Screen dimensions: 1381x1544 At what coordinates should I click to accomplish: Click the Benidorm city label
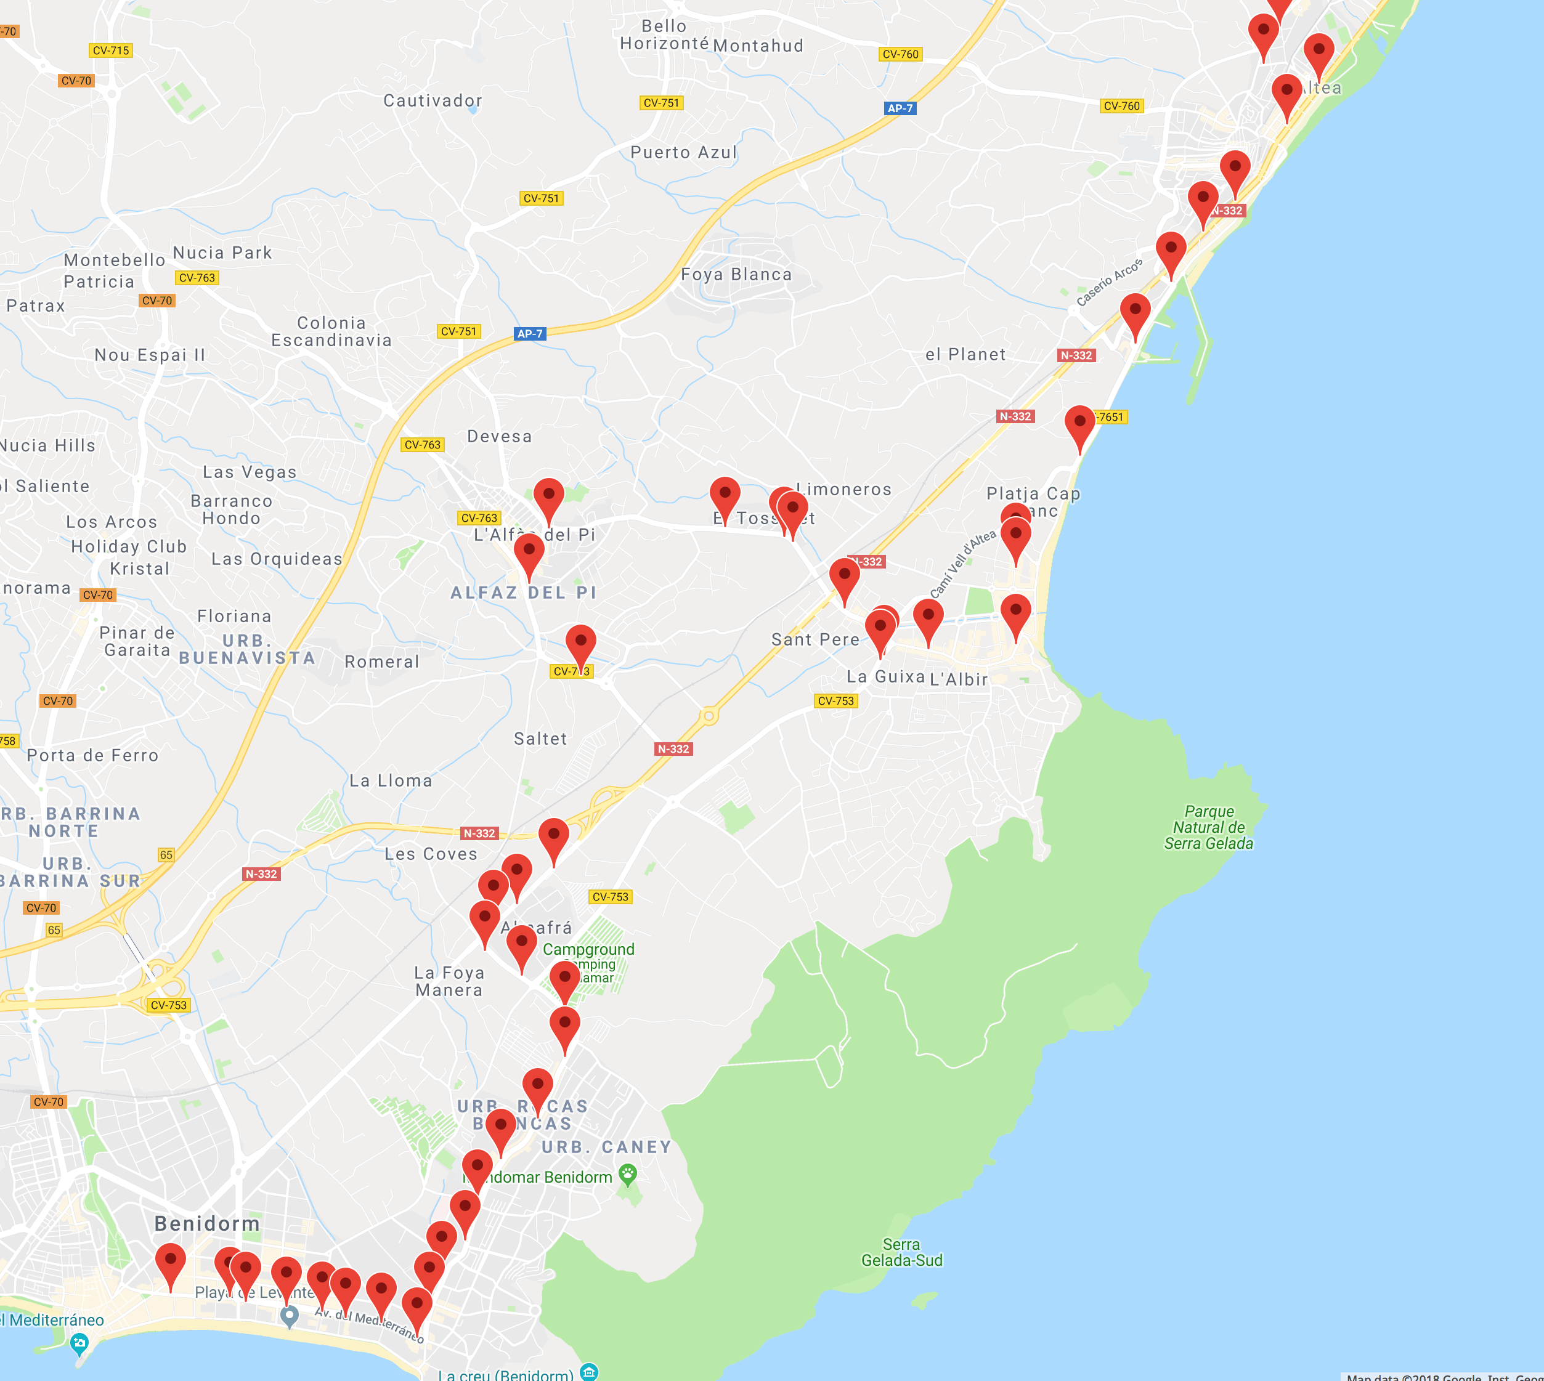click(207, 1224)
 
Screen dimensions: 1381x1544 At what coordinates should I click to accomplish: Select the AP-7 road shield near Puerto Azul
click(900, 108)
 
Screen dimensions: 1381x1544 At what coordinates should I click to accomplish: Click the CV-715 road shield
click(111, 51)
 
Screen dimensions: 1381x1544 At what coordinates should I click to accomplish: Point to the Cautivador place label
click(433, 100)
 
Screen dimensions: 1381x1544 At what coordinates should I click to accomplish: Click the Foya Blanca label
click(736, 275)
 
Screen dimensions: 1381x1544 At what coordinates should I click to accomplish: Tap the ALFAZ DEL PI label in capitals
click(524, 593)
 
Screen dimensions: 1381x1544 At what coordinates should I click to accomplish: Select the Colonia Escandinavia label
click(331, 331)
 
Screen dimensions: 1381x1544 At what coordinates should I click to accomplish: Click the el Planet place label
click(965, 354)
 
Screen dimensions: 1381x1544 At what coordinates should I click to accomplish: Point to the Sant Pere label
click(815, 639)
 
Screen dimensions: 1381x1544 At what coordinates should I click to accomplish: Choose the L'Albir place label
click(959, 680)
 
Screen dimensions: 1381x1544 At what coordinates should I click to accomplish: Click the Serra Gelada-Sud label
click(902, 1253)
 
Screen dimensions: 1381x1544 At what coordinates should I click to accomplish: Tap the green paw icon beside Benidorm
click(628, 1175)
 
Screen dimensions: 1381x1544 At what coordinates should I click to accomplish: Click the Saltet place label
click(540, 739)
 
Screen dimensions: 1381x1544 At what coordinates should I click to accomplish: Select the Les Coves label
click(431, 854)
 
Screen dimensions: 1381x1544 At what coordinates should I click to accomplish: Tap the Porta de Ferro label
click(92, 755)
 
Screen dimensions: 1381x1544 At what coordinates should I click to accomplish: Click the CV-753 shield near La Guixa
click(835, 701)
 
